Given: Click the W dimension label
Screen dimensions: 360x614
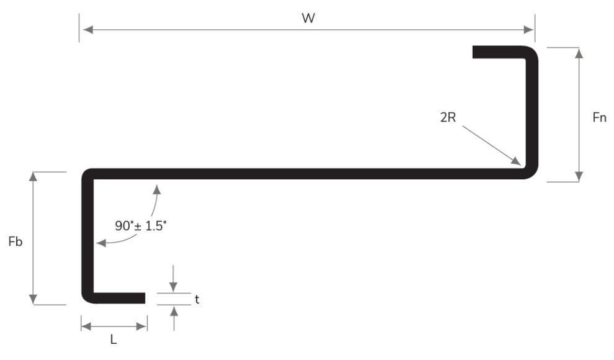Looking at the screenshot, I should pos(308,18).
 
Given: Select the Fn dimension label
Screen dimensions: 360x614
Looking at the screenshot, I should pos(599,117).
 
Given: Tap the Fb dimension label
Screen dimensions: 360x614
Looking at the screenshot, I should pos(16,241).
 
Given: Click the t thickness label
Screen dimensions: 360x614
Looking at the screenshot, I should pos(197,299).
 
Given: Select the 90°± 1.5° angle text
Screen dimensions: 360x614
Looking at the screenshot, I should pos(141,226).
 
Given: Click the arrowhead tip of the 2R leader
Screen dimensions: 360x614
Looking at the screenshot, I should pos(519,164).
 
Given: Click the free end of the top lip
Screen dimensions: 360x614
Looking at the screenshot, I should pos(474,52).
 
